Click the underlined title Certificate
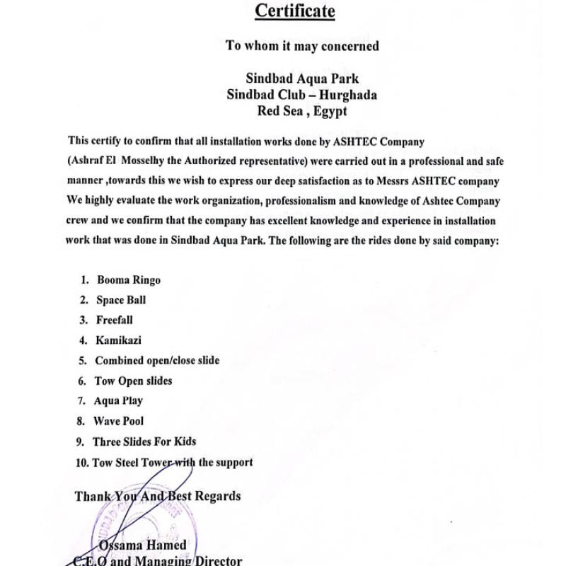click(294, 11)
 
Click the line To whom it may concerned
click(302, 46)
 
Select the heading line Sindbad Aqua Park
click(302, 79)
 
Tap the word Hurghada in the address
click(347, 95)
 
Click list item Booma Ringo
click(129, 279)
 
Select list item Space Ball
click(121, 300)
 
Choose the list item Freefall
click(115, 320)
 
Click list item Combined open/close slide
click(157, 360)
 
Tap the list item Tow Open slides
click(133, 381)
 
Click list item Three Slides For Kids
click(144, 441)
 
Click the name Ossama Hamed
click(143, 545)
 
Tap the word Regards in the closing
click(212, 496)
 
